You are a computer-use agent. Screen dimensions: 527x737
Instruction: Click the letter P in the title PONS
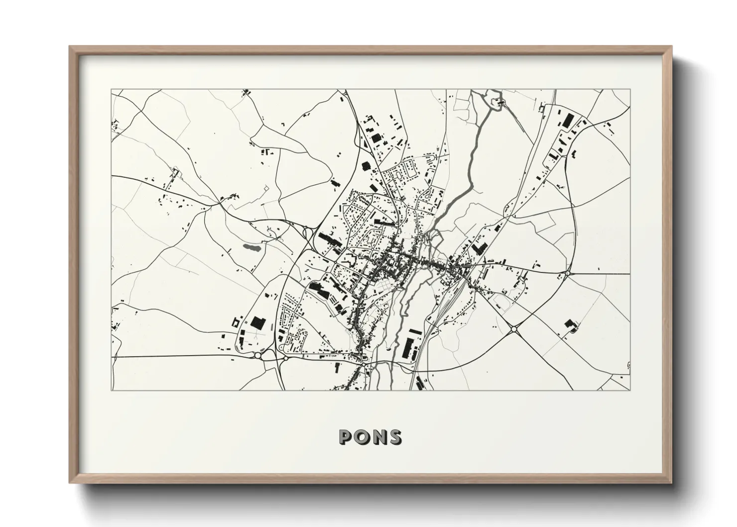(345, 437)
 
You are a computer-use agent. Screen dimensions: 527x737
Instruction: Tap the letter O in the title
(361, 437)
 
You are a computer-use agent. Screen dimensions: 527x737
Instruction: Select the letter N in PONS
(378, 437)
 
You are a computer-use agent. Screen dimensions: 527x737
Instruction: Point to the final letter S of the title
(395, 437)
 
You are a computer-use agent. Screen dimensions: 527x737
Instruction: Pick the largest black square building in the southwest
(257, 322)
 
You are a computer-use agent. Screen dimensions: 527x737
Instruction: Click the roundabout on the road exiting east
(567, 273)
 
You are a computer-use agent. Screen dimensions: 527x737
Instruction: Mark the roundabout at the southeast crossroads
(514, 329)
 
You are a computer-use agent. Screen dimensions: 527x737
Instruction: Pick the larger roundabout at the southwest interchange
(258, 355)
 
